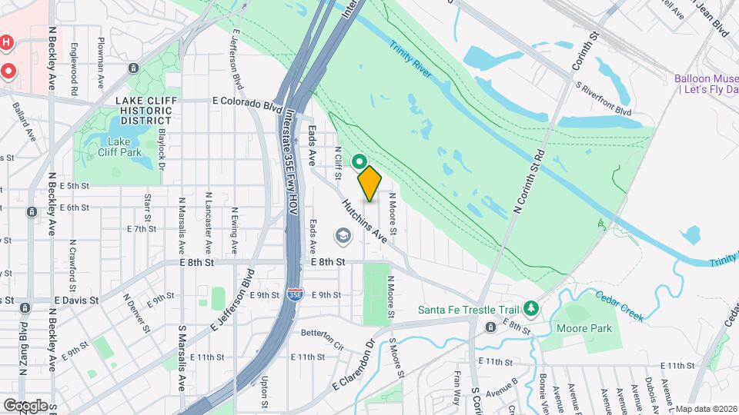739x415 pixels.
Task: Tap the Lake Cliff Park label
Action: [x=119, y=146]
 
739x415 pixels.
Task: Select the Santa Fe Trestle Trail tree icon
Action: [x=530, y=309]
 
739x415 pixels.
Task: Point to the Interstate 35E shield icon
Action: [x=294, y=294]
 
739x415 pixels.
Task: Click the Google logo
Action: [x=25, y=405]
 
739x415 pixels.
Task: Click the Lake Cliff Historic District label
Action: [x=144, y=111]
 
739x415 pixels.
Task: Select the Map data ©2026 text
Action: [x=706, y=408]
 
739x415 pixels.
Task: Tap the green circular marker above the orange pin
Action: [x=359, y=161]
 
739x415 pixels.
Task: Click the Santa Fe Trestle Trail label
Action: [x=468, y=310]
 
